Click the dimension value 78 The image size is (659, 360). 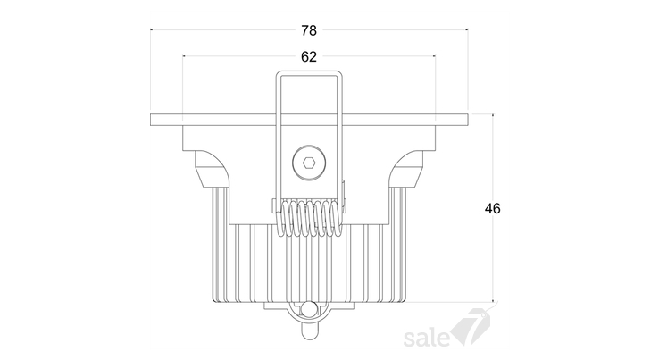point(309,30)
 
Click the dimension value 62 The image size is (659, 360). point(309,57)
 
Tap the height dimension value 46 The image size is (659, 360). point(493,209)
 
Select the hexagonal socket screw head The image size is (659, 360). point(309,163)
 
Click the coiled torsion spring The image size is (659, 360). point(309,218)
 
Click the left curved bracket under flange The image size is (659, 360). point(213,169)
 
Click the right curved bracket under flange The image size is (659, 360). point(406,169)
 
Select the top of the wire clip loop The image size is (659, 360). point(309,72)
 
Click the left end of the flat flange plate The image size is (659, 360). point(151,120)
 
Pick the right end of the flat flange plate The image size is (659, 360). point(467,120)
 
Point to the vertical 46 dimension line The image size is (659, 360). point(493,208)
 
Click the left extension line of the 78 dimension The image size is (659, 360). point(150,71)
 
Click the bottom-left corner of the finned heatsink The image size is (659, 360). point(214,301)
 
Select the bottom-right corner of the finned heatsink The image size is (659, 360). point(405,301)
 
